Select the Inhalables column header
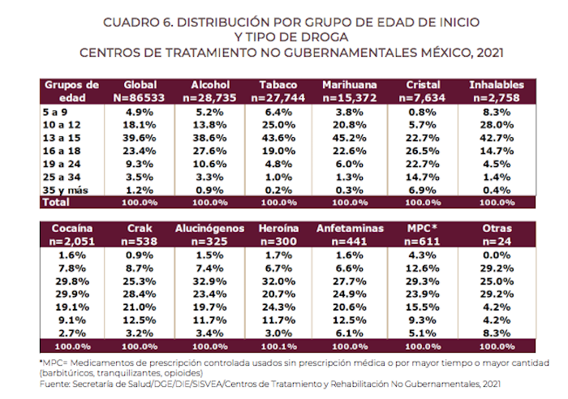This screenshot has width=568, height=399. (496, 84)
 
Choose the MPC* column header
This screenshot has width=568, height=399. (422, 229)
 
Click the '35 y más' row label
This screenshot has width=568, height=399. (62, 187)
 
